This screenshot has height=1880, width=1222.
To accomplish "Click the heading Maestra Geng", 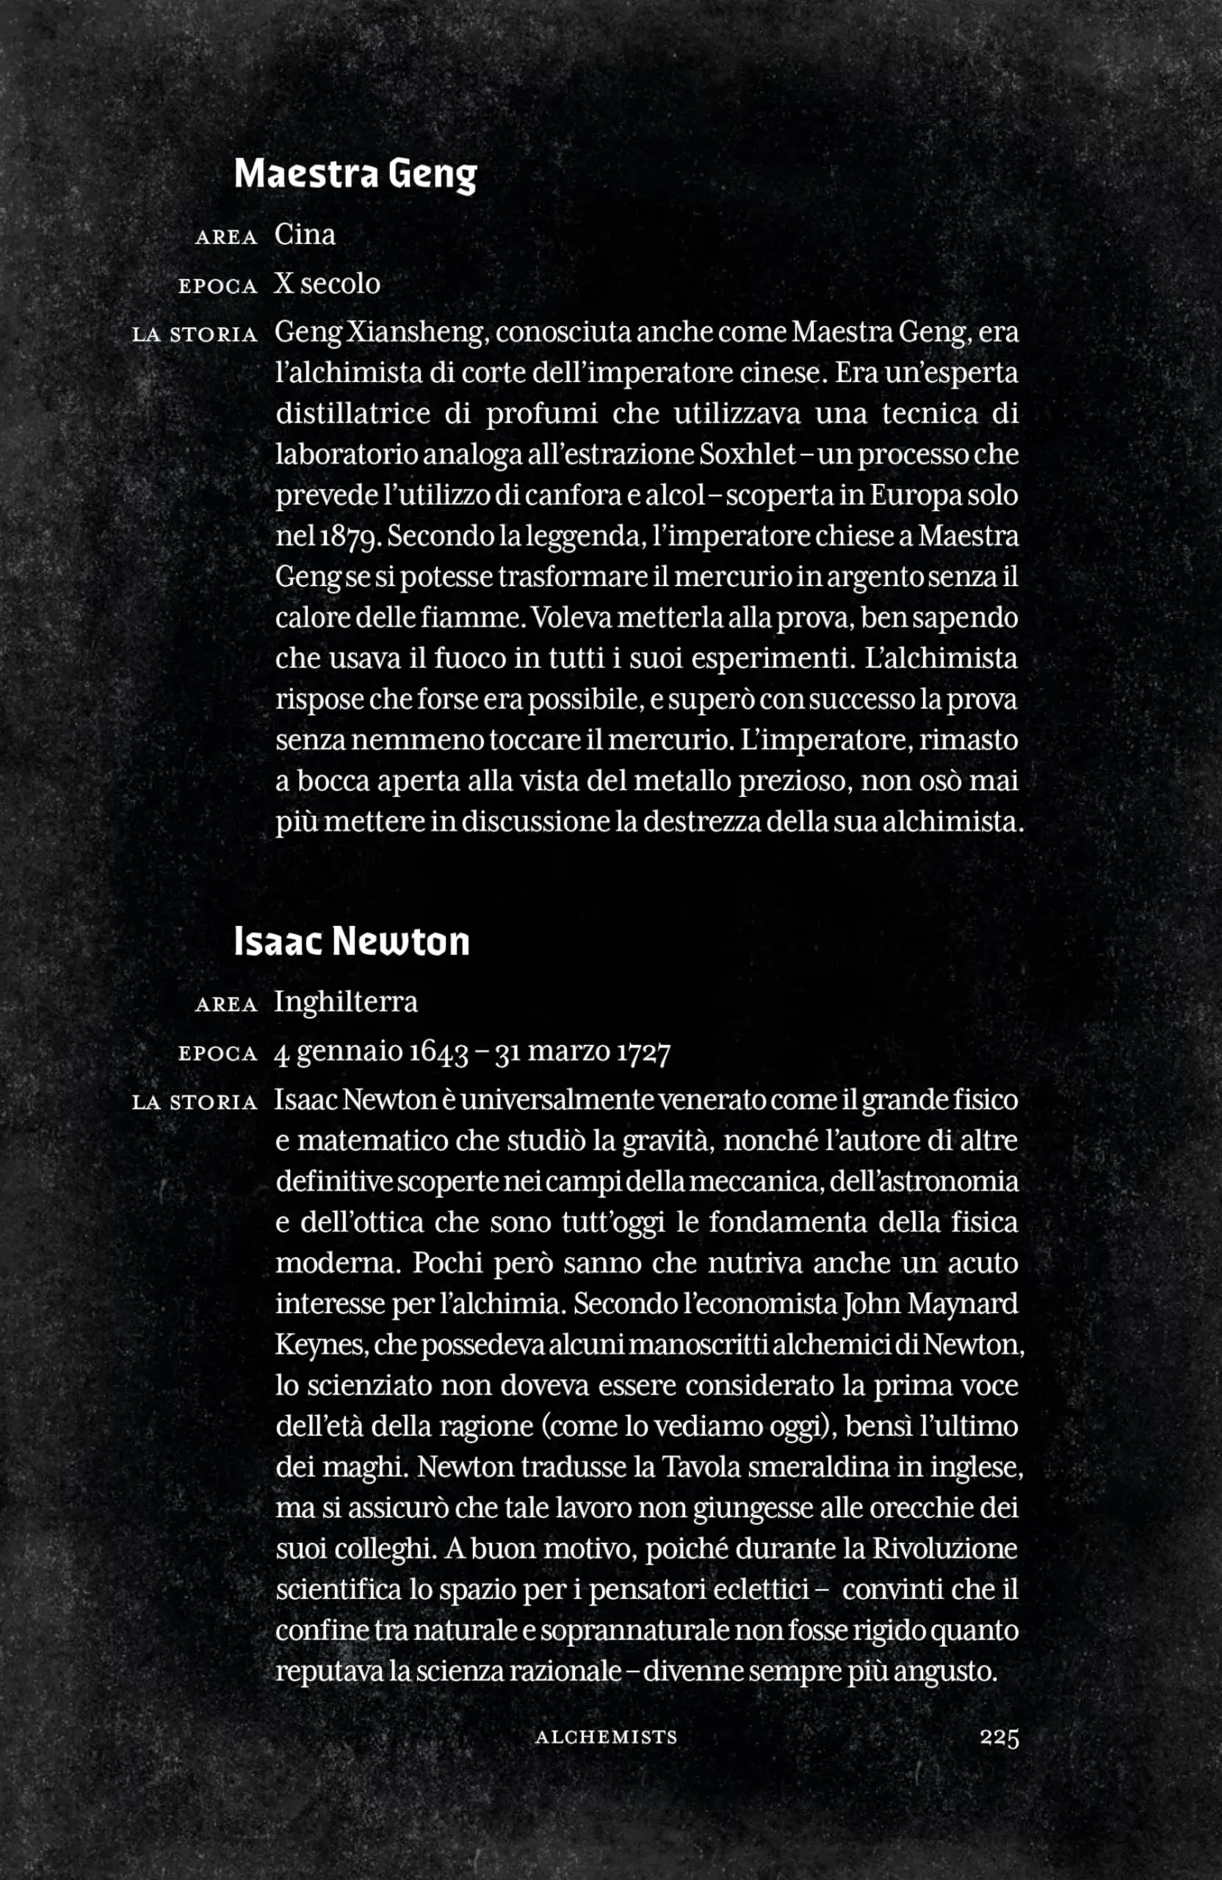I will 355,174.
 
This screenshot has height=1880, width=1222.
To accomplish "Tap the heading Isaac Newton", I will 352,941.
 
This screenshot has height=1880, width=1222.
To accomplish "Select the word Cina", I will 305,234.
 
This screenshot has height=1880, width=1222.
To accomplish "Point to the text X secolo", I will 327,283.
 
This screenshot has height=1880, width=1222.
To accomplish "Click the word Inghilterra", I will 346,1002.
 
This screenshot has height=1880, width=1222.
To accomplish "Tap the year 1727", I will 638,1053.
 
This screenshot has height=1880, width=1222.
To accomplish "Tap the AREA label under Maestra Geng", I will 226,237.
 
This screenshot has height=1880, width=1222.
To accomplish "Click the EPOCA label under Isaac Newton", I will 218,1055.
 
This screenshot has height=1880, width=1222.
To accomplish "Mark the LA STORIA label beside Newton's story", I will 195,1103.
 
